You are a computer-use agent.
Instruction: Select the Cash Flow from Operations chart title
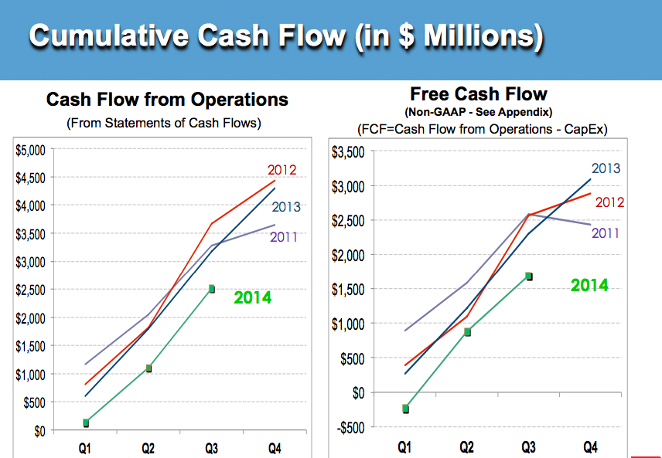pyautogui.click(x=167, y=100)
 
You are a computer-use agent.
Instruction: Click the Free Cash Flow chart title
pyautogui.click(x=478, y=94)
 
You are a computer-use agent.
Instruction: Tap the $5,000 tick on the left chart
pyautogui.click(x=31, y=149)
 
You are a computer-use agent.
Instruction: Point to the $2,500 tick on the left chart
pyautogui.click(x=31, y=290)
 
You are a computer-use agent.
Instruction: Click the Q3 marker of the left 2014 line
pyautogui.click(x=211, y=289)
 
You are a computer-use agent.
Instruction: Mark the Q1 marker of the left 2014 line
pyautogui.click(x=86, y=422)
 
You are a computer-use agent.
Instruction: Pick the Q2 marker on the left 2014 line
pyautogui.click(x=148, y=368)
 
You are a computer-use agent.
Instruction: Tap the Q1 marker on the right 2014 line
pyautogui.click(x=405, y=409)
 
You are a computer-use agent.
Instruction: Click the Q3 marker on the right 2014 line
pyautogui.click(x=529, y=276)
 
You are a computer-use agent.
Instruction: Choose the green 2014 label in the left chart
pyautogui.click(x=253, y=297)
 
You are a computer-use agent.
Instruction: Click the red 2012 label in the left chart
pyautogui.click(x=282, y=169)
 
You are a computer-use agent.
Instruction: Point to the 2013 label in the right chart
pyautogui.click(x=606, y=168)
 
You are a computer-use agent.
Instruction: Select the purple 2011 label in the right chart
pyautogui.click(x=606, y=232)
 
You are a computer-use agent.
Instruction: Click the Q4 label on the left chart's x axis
pyautogui.click(x=274, y=448)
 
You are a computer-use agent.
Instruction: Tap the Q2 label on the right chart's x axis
pyautogui.click(x=466, y=446)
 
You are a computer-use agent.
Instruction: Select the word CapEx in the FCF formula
pyautogui.click(x=588, y=129)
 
